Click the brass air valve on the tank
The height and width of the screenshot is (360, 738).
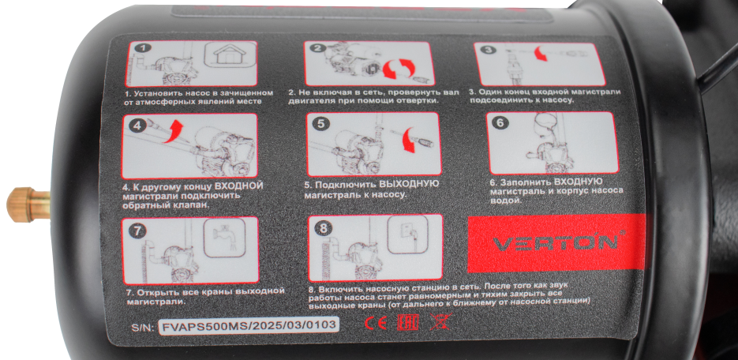pyautogui.click(x=28, y=204)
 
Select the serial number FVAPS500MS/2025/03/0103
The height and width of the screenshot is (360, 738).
pyautogui.click(x=249, y=325)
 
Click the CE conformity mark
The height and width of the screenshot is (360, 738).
pyautogui.click(x=376, y=323)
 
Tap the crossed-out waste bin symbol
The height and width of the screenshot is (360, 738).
pyautogui.click(x=440, y=322)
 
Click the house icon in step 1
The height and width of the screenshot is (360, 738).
pyautogui.click(x=230, y=56)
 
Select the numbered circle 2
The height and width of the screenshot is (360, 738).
pyautogui.click(x=320, y=48)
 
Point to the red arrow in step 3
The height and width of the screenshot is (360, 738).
pyautogui.click(x=541, y=53)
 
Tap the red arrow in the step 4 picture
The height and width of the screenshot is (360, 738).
pyautogui.click(x=173, y=130)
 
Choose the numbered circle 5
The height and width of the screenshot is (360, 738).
pyautogui.click(x=321, y=124)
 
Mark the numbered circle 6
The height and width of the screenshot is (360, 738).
pyautogui.click(x=500, y=122)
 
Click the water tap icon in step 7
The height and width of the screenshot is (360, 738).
pyautogui.click(x=224, y=237)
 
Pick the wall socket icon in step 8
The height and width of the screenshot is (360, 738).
pyautogui.click(x=407, y=234)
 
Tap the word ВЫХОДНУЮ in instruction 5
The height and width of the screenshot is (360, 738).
pyautogui.click(x=409, y=184)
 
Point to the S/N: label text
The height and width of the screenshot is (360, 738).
pyautogui.click(x=143, y=328)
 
